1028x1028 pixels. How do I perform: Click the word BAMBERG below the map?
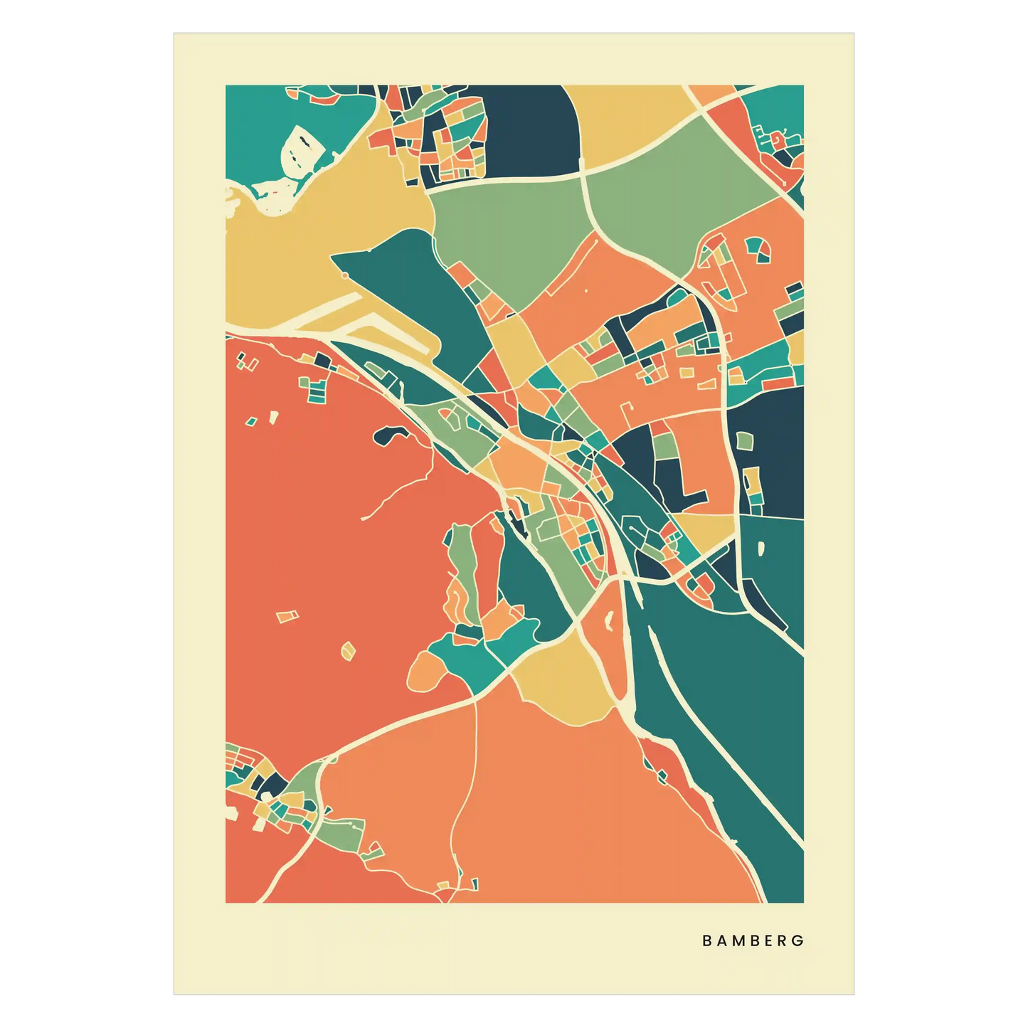click(x=753, y=940)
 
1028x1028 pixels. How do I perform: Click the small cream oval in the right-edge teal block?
click(x=762, y=549)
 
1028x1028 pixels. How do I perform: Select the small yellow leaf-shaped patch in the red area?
click(x=348, y=650)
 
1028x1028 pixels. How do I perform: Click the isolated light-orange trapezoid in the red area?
click(x=287, y=616)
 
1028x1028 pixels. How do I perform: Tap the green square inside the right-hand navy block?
click(x=744, y=441)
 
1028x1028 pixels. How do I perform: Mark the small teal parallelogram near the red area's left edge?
click(x=250, y=422)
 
